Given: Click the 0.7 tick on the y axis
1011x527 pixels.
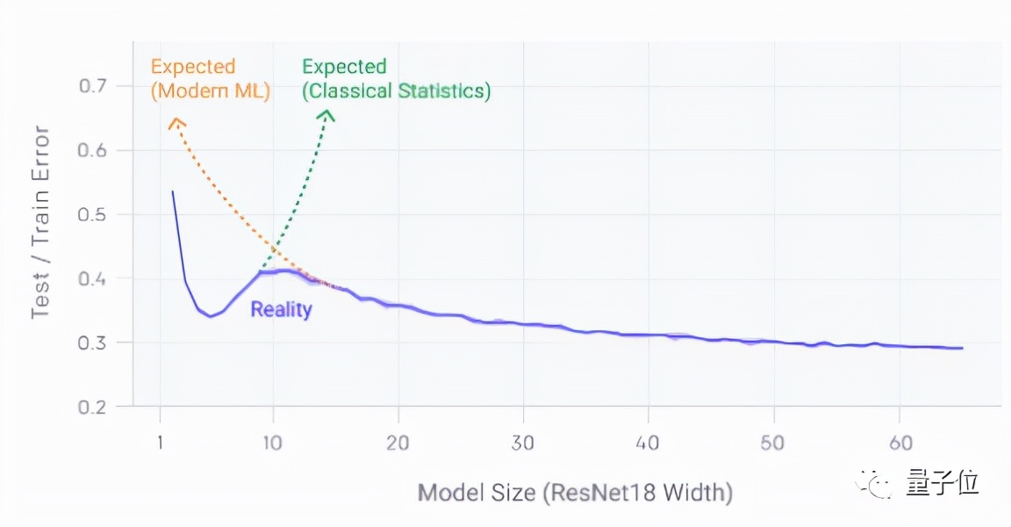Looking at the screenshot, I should pos(93,86).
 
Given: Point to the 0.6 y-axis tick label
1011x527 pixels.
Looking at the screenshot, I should pos(93,150).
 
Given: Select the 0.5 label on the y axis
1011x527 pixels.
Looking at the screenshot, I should pos(93,214).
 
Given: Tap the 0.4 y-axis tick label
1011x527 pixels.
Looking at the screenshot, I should pos(93,278).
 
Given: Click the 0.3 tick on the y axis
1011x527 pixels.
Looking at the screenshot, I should pos(93,343).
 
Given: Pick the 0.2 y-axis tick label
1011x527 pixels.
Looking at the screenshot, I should pos(93,407).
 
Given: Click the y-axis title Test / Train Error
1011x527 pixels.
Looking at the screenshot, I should pos(40,223).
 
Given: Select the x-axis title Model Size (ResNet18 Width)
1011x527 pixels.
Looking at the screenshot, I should pos(575,492).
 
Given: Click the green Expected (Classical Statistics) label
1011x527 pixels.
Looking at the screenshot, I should pos(396,78).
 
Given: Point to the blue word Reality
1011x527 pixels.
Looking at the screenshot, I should pos(281,309).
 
